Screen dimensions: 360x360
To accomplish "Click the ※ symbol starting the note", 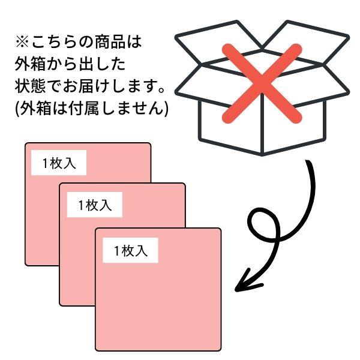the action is [x=22, y=43].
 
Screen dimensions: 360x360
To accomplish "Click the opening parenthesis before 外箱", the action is [x=17, y=108].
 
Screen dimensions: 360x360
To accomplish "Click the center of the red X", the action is [x=262, y=83].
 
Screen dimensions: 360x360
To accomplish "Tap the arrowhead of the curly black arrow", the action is [x=247, y=282].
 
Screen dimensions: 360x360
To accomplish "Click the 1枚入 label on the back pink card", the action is [x=59, y=163].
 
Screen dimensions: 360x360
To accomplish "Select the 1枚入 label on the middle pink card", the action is [x=95, y=205].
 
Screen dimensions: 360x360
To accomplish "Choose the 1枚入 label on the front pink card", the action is [x=130, y=250].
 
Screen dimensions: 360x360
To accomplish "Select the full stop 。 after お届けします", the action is [x=161, y=90].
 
